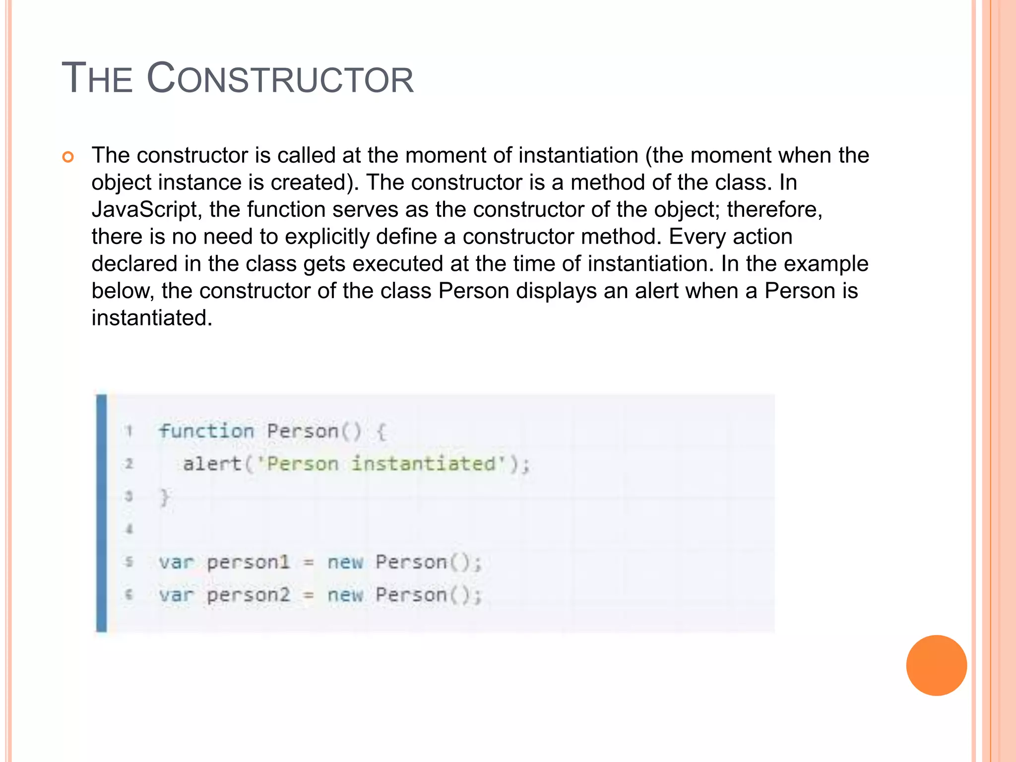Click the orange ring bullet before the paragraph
68,157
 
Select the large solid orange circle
936,665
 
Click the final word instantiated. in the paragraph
152,318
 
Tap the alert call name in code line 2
212,464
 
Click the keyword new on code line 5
345,563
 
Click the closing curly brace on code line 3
165,497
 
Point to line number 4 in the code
129,529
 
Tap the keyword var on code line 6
176,595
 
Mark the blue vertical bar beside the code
102,513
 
